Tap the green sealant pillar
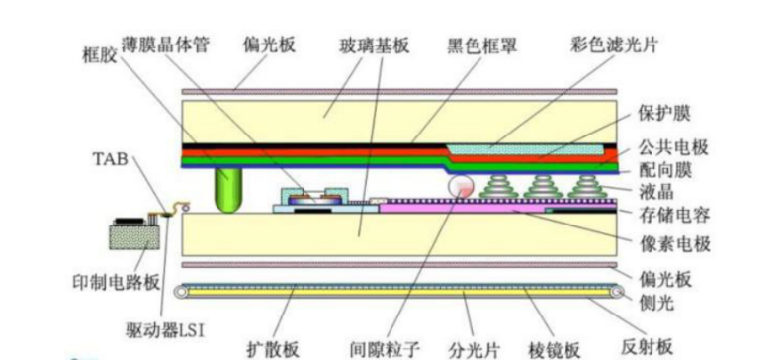(x=229, y=188)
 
